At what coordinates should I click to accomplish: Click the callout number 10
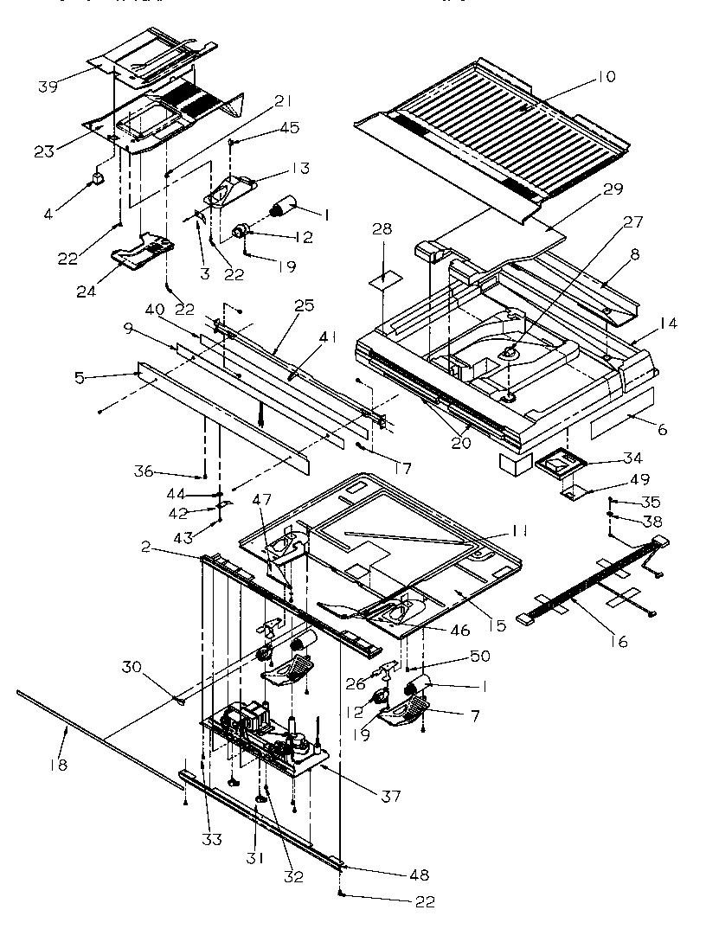pos(606,77)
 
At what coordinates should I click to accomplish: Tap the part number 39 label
pos(48,86)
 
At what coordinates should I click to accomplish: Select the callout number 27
pos(632,221)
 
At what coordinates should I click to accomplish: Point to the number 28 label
pos(382,229)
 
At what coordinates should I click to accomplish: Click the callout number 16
pos(618,641)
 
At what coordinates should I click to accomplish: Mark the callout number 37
pos(389,796)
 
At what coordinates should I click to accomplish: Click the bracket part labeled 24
pos(144,251)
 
